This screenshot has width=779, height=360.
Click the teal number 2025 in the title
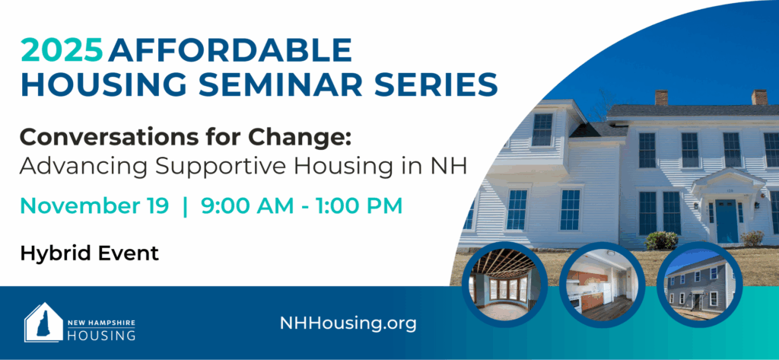(62, 50)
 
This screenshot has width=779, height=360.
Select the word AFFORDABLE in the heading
(231, 50)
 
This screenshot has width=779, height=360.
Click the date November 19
(94, 206)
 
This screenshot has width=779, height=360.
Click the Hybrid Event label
(90, 253)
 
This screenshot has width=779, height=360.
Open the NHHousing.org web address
(348, 323)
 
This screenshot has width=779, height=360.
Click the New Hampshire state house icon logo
(43, 322)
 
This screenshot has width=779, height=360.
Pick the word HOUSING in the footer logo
(101, 335)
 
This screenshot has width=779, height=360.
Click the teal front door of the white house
(727, 221)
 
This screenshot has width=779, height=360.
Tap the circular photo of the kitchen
(603, 285)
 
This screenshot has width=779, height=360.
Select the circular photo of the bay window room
(504, 285)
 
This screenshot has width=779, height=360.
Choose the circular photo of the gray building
(700, 285)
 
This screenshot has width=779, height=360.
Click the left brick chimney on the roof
(661, 97)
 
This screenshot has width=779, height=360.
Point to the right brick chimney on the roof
(760, 97)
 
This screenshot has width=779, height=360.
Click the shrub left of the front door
(661, 241)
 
